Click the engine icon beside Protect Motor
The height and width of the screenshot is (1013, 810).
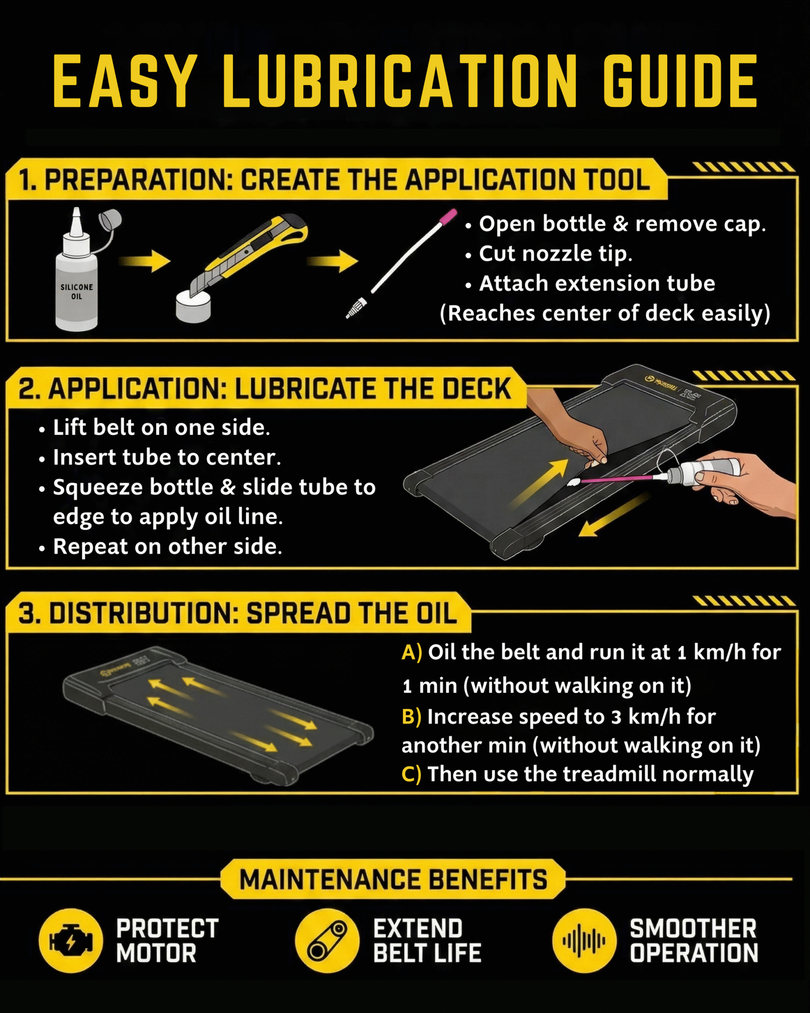click(x=70, y=941)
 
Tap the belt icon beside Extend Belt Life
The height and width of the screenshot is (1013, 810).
click(x=327, y=941)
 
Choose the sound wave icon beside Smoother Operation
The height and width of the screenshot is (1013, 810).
click(x=584, y=941)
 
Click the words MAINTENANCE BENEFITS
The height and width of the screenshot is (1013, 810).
click(x=394, y=880)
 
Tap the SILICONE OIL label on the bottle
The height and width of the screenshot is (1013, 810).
click(x=77, y=291)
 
